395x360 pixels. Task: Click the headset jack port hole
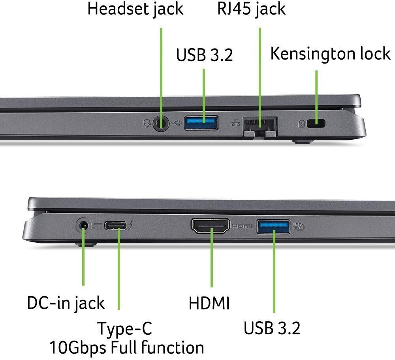[160, 123]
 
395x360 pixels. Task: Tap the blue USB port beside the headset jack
[201, 122]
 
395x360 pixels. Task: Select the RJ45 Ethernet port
[260, 125]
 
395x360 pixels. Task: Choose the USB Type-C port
[117, 226]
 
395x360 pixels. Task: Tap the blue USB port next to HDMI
[273, 226]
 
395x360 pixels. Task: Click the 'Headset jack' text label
[135, 9]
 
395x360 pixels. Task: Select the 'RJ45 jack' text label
[251, 9]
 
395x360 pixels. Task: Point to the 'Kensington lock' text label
[330, 54]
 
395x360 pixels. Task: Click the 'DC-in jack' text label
[66, 303]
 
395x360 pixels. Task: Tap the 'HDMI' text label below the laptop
[209, 304]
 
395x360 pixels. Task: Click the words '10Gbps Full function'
[126, 348]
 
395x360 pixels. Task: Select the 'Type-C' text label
[124, 328]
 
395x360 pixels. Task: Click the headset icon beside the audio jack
[147, 124]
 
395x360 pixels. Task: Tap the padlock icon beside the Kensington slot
[301, 124]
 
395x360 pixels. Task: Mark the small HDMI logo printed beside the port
[242, 226]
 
